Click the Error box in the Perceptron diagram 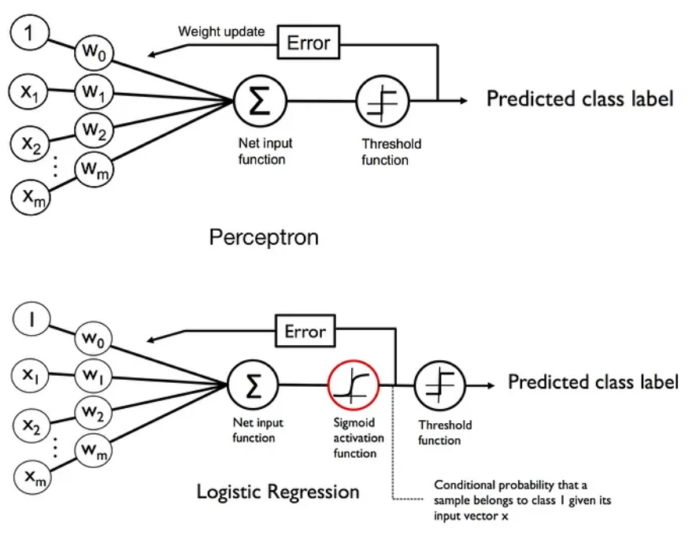(x=308, y=43)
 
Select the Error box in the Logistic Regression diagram (x=304, y=331)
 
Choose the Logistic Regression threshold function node (x=439, y=385)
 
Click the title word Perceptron (x=263, y=236)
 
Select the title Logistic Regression (x=277, y=492)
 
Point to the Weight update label (x=221, y=32)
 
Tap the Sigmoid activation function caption (x=354, y=438)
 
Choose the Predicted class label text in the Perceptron (x=579, y=99)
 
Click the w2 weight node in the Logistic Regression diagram (x=94, y=412)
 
